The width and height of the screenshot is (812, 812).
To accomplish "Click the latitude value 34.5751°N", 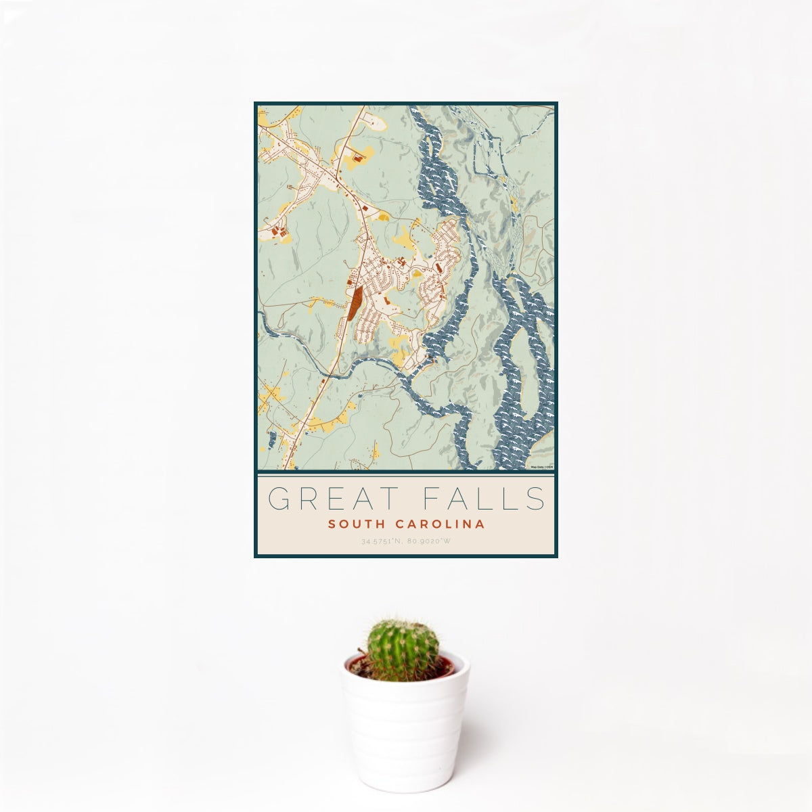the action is [x=382, y=541].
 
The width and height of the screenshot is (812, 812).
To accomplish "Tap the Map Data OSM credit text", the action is [x=541, y=467].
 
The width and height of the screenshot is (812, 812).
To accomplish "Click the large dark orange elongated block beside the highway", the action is [x=356, y=302].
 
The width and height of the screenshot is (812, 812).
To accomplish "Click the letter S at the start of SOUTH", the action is [x=332, y=524].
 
